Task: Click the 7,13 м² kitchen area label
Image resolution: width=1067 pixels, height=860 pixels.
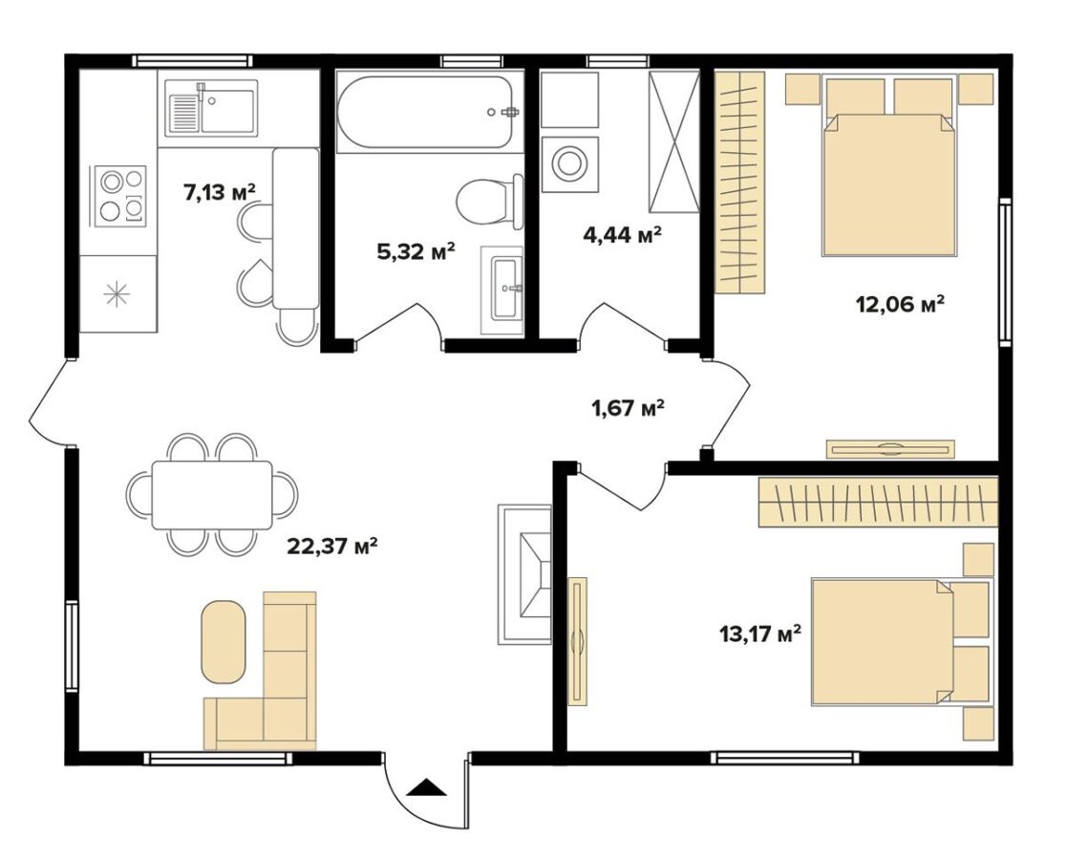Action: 219,192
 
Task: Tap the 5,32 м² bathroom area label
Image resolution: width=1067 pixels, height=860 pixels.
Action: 416,252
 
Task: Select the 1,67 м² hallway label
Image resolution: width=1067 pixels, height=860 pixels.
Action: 627,409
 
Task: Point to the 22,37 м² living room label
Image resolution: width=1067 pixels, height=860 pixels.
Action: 332,546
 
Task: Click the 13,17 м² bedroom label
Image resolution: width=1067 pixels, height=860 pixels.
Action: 759,634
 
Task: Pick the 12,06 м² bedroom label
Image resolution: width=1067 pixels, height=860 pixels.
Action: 900,304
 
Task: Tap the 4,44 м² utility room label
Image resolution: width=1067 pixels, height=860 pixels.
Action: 623,235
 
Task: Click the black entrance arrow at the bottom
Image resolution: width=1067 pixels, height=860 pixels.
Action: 427,787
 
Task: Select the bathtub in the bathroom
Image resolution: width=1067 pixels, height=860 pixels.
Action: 423,113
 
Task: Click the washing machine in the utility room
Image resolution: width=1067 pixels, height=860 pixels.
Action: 569,164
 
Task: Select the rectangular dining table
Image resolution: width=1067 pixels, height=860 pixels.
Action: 212,495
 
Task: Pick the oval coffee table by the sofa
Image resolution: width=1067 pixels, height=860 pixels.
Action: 224,641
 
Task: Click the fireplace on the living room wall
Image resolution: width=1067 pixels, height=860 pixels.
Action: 524,574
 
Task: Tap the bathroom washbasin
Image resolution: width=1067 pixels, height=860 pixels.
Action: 503,290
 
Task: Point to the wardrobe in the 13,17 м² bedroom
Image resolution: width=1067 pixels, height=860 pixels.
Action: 878,502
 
